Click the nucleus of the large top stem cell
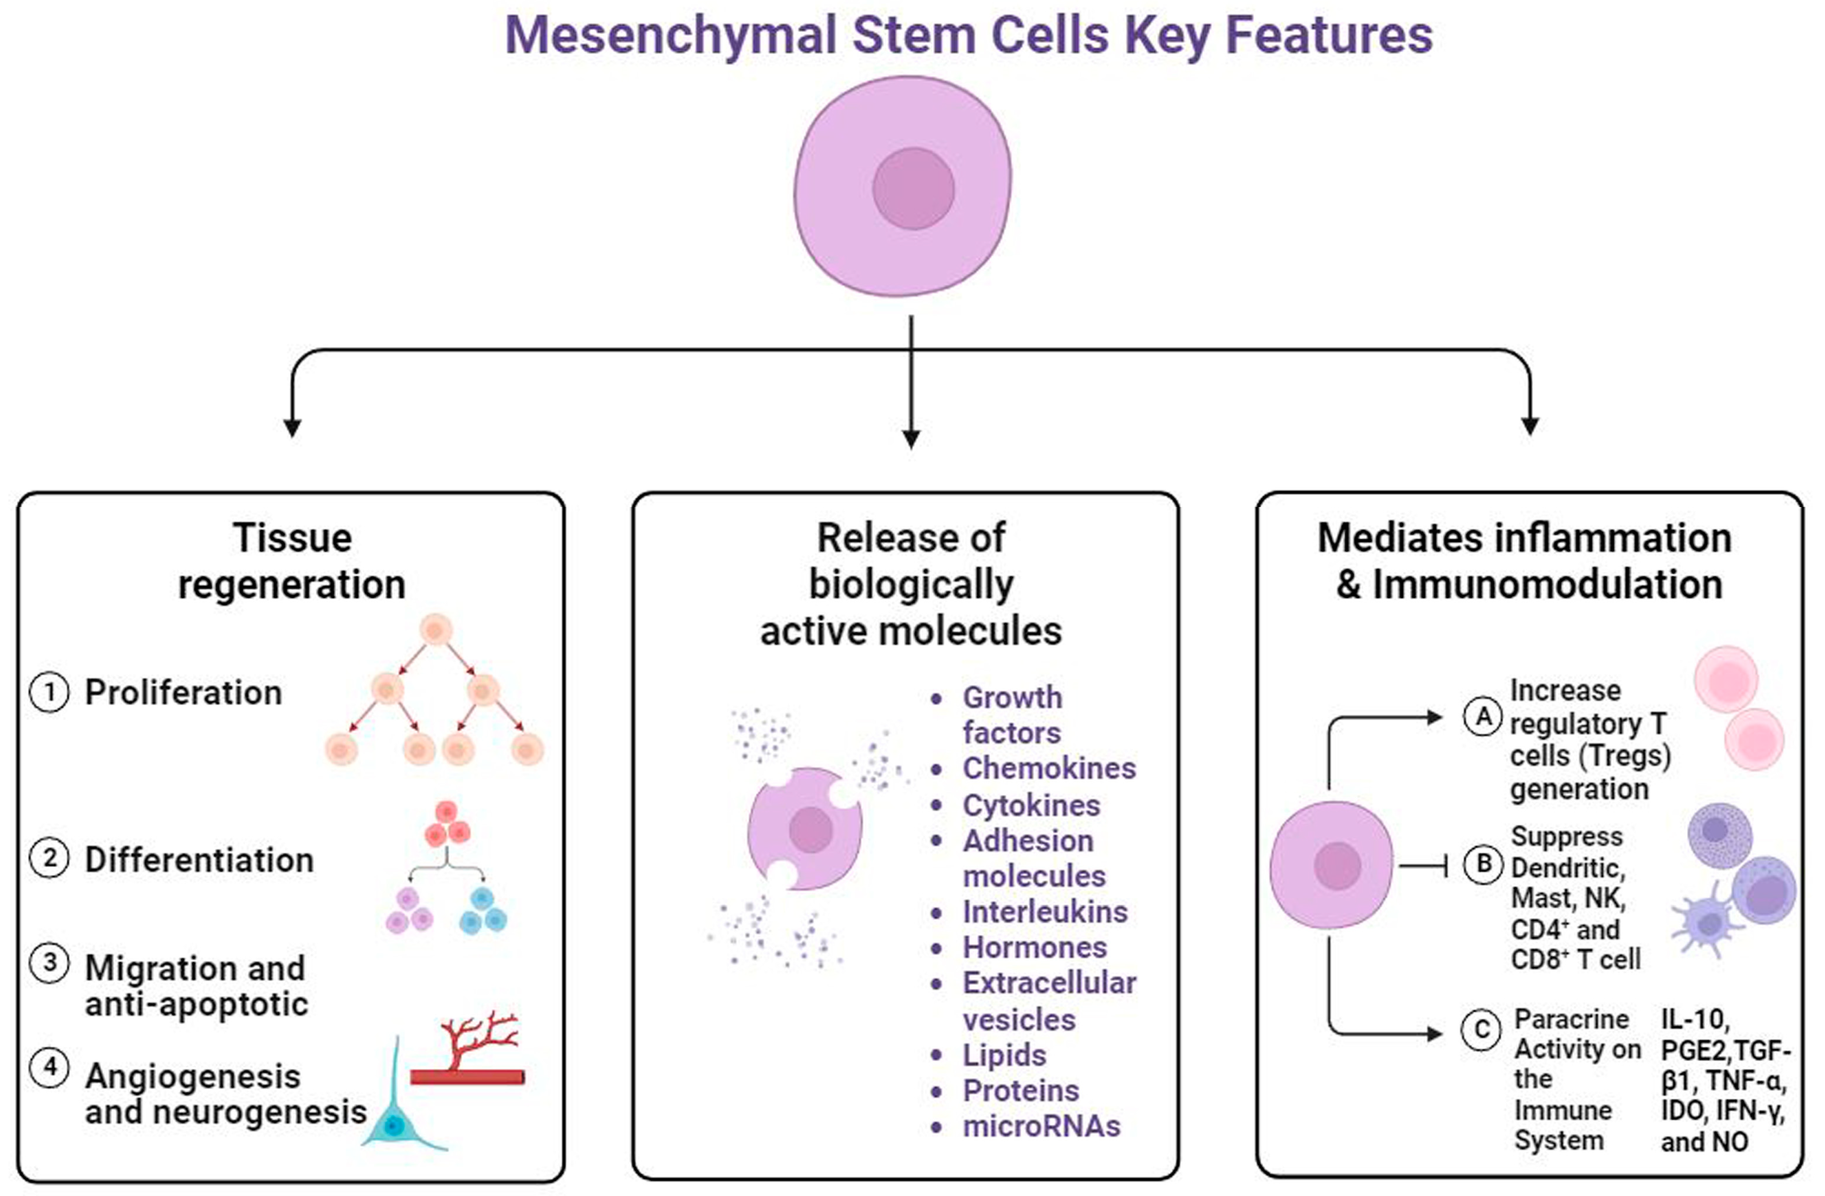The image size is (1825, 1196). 912,189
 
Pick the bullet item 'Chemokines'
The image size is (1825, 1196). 1048,768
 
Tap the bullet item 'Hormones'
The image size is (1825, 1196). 1034,947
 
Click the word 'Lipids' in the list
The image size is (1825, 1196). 1004,1056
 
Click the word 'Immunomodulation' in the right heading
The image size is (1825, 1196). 1547,585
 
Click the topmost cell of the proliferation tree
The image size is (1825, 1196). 436,630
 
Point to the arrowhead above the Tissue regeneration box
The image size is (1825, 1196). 292,428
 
